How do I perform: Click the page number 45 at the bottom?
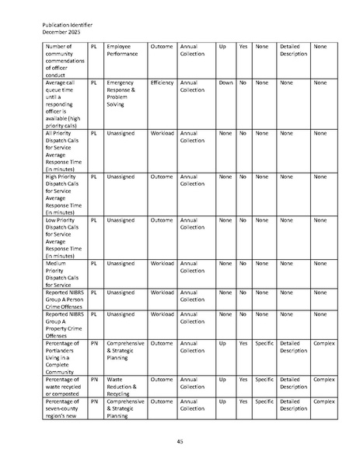click(180, 442)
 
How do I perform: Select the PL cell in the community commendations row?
click(94, 47)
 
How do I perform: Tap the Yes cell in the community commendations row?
click(243, 47)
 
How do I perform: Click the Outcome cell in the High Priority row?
click(162, 177)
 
